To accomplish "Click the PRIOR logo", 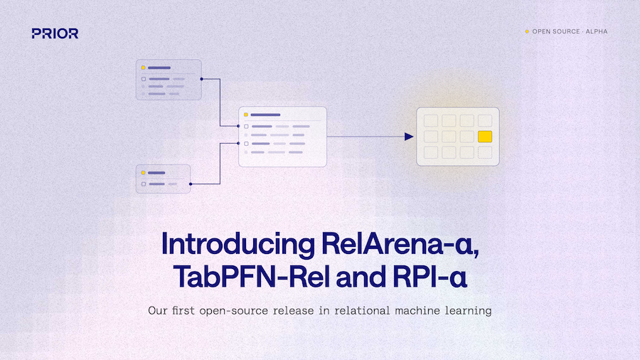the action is (55, 33).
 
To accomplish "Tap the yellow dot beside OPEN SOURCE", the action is (527, 31).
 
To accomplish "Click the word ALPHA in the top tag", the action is (597, 31).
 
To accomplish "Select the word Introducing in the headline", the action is (238, 244).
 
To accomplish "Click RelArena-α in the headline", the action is (400, 244).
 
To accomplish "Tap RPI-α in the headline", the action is (430, 277).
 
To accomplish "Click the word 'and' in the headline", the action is (361, 277).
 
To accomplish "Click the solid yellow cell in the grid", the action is (485, 137).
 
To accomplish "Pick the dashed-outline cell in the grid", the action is (485, 153).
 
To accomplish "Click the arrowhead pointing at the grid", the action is (409, 137).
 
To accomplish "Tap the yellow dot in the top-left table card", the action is (143, 68).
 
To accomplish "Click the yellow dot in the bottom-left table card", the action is (143, 173).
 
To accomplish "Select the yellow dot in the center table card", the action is (246, 115).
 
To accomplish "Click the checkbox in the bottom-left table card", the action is (143, 184).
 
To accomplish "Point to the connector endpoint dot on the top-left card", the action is (202, 79).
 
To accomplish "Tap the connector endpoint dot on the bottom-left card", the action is (191, 184).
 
